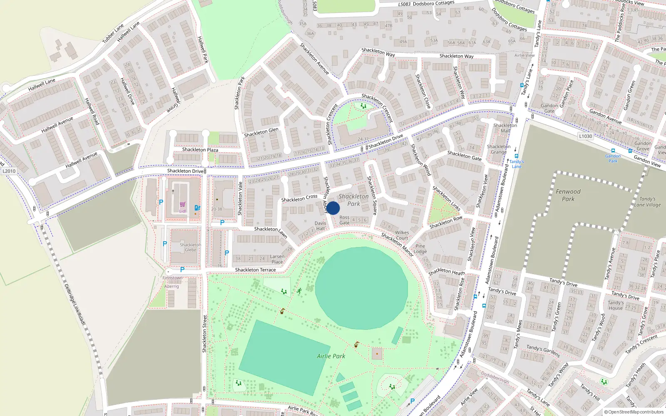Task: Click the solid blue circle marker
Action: point(333,208)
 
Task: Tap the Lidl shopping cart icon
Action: point(182,204)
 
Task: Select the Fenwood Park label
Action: point(568,195)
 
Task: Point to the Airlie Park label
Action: point(331,356)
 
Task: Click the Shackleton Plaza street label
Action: point(200,150)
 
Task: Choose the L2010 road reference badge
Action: point(9,171)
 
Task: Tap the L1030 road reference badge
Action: point(585,136)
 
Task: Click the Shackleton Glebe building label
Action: point(190,248)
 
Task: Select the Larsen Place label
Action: point(277,259)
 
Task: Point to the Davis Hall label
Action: point(321,226)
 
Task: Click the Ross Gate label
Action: point(345,220)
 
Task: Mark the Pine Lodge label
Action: point(420,249)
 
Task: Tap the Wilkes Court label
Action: point(402,235)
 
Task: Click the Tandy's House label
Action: point(616,305)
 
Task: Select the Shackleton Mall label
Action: point(505,128)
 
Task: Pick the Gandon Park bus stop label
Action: point(613,158)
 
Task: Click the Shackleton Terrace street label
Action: point(256,270)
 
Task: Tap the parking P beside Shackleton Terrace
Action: point(182,270)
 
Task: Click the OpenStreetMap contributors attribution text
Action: point(634,412)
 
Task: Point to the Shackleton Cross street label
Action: point(299,198)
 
